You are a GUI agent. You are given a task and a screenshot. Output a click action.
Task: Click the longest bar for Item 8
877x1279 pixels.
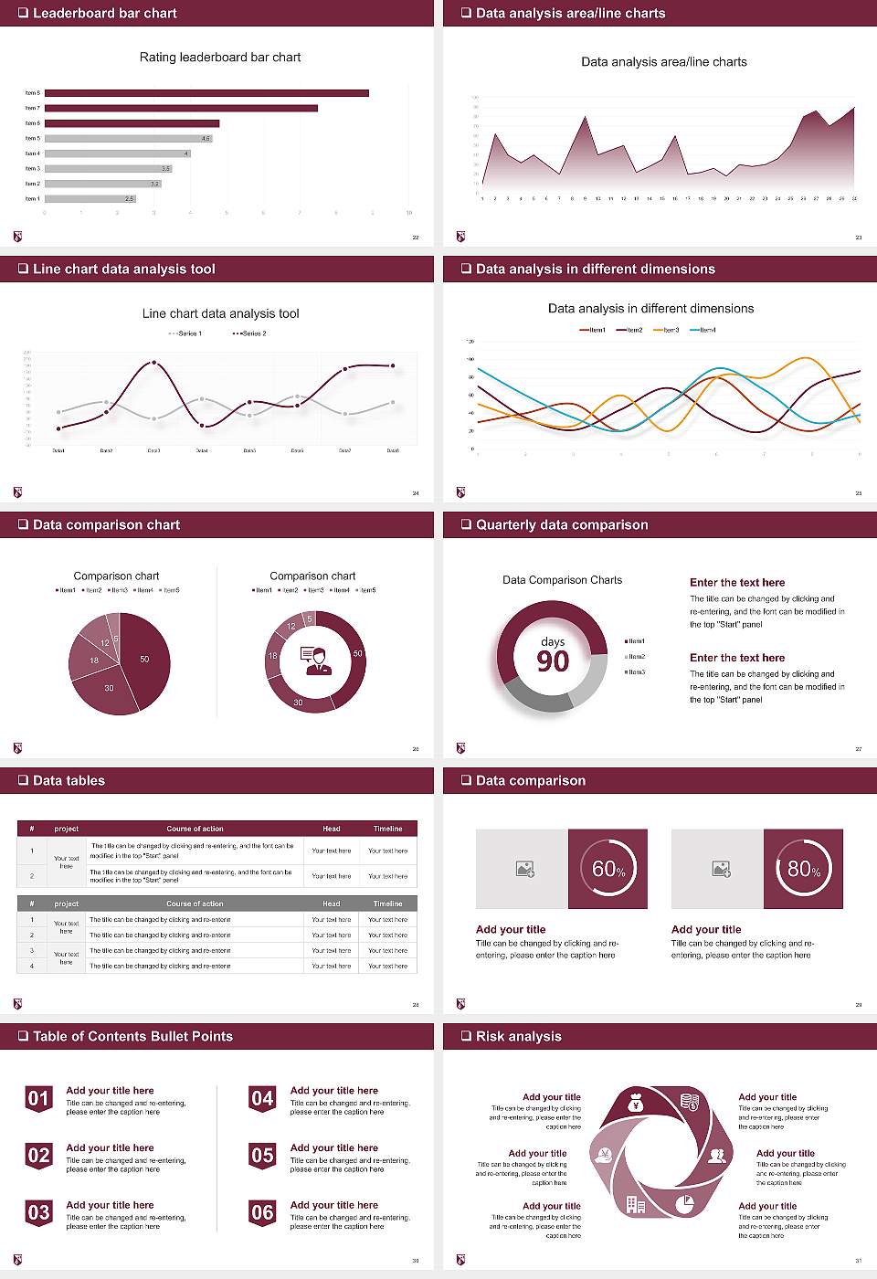click(206, 93)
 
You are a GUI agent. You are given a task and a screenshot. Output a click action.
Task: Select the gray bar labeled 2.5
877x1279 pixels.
click(90, 198)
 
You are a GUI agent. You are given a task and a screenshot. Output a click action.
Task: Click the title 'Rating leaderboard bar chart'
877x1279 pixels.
click(220, 57)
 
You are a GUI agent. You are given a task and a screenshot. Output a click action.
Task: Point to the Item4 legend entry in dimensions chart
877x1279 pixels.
click(703, 330)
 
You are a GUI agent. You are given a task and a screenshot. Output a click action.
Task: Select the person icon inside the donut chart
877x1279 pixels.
click(316, 661)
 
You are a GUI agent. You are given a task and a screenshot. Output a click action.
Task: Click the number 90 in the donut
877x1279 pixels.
click(553, 661)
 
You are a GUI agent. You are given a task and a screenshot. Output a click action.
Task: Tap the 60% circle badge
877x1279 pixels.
click(608, 869)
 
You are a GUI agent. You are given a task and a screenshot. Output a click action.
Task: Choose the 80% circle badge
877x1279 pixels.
click(804, 869)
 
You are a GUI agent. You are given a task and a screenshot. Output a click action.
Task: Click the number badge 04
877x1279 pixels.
click(262, 1098)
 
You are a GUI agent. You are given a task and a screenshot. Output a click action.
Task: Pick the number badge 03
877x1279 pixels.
click(38, 1212)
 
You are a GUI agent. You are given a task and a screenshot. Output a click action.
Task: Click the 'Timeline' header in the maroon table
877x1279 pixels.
click(387, 829)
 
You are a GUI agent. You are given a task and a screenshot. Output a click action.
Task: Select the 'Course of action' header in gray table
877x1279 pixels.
click(195, 904)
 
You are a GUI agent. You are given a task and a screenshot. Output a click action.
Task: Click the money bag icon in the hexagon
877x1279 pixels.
click(637, 1105)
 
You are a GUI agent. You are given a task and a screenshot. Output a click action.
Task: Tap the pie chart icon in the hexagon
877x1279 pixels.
click(685, 1204)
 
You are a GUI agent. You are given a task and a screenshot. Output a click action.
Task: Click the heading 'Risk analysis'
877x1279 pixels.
click(518, 1036)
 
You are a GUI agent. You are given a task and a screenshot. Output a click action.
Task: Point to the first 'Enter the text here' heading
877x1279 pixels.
click(737, 582)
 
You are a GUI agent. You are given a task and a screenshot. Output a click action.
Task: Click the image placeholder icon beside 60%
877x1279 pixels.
click(524, 869)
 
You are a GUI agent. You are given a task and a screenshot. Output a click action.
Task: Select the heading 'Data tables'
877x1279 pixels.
click(69, 780)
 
